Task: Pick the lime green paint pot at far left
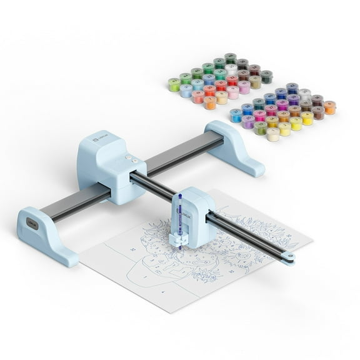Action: pos(174,84)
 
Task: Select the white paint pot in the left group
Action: pos(231,69)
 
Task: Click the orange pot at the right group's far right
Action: pos(329,107)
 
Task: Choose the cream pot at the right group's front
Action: pos(273,134)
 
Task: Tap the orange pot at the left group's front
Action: pos(209,102)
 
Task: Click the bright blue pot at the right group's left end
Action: pos(236,115)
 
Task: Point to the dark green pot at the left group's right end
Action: pos(266,76)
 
